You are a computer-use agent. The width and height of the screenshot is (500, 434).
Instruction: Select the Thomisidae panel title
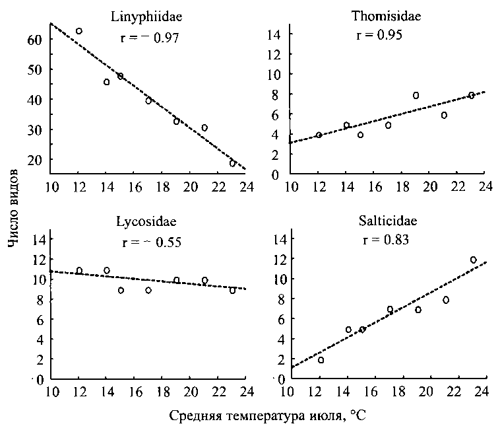pos(386,17)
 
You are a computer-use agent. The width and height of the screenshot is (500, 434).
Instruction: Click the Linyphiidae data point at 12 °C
pos(79,31)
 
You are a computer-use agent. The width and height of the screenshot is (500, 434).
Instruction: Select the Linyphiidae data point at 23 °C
pos(232,163)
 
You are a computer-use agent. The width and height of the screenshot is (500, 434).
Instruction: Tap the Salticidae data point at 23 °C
pos(473,260)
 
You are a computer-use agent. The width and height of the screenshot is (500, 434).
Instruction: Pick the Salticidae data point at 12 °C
pos(321,360)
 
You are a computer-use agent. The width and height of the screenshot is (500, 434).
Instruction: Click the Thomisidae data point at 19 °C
pos(416,96)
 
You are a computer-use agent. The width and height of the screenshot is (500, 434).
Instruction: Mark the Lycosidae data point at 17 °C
pos(148,290)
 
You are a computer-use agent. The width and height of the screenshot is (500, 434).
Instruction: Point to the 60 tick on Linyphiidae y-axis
pos(34,40)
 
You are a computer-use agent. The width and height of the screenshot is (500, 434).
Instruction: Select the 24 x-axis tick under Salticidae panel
pos(486,391)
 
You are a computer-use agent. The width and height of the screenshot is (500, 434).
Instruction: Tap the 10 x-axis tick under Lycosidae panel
pos(50,391)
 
